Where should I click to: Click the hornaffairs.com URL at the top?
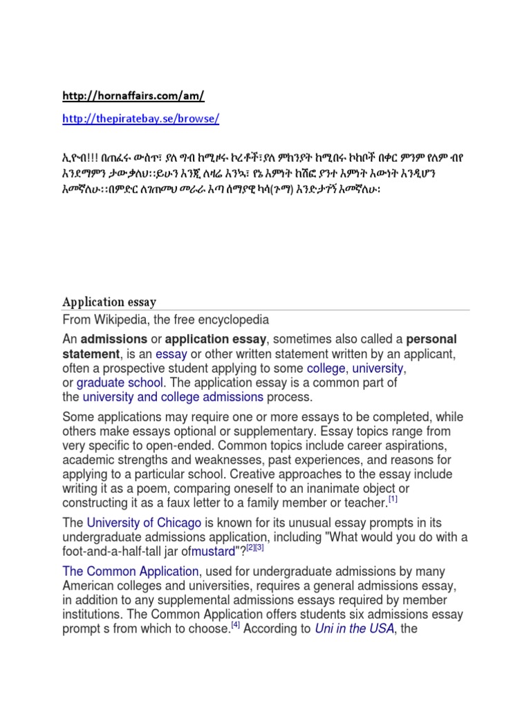[x=133, y=95]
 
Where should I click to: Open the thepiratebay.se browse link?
[x=140, y=118]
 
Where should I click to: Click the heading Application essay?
[x=109, y=302]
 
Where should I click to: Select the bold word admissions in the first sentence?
[x=114, y=339]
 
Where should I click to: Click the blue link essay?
[x=171, y=355]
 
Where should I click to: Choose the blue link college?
[x=326, y=369]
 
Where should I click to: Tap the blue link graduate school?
[x=120, y=383]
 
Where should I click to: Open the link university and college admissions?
[x=173, y=398]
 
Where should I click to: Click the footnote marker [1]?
[x=393, y=499]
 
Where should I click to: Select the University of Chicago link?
[x=144, y=523]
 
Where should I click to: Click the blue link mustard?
[x=214, y=552]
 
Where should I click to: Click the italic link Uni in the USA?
[x=354, y=628]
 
